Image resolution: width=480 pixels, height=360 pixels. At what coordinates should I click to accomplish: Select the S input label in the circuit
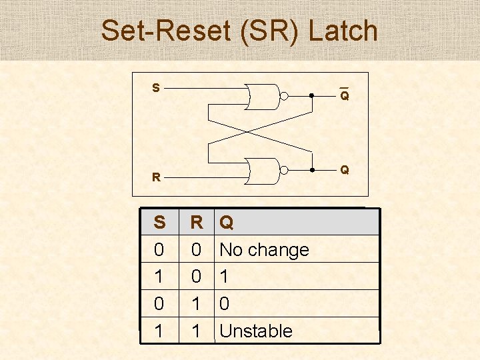[x=155, y=88]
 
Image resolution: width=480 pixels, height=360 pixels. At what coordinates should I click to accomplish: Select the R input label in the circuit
[x=155, y=177]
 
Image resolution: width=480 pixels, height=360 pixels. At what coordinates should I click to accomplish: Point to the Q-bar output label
[x=344, y=96]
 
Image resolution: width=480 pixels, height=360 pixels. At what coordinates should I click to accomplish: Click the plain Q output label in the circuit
[x=344, y=170]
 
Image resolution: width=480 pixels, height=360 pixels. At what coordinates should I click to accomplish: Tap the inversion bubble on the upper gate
[x=283, y=97]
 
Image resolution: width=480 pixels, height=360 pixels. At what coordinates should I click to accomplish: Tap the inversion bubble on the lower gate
[x=283, y=171]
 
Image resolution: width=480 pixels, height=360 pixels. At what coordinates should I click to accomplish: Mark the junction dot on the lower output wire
[x=311, y=171]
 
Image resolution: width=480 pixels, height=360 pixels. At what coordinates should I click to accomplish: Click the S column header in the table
[x=159, y=222]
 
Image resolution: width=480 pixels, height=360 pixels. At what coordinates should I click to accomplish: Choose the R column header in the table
[x=197, y=222]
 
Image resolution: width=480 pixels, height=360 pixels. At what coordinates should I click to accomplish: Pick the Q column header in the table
[x=227, y=222]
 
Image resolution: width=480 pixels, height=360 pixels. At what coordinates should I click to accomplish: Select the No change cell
[x=264, y=250]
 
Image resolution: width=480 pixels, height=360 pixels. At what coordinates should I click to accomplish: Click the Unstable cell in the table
[x=256, y=331]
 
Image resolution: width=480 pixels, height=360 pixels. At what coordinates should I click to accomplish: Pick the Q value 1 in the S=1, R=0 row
[x=225, y=277]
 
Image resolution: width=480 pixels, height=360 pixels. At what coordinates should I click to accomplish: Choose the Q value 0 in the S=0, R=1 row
[x=225, y=304]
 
